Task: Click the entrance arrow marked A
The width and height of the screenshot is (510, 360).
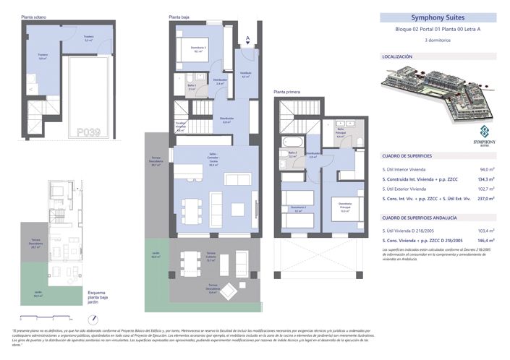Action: pos(248,38)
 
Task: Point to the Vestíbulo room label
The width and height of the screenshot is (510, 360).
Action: pos(245,75)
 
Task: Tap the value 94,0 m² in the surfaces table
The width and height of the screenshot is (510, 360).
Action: pos(483,168)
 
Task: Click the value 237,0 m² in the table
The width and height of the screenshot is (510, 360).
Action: pos(481,197)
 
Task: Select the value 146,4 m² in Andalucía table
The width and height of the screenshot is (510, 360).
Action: pos(481,239)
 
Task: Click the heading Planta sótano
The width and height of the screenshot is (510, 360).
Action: pos(33,15)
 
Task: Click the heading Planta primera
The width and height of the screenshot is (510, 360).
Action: pos(287,92)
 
